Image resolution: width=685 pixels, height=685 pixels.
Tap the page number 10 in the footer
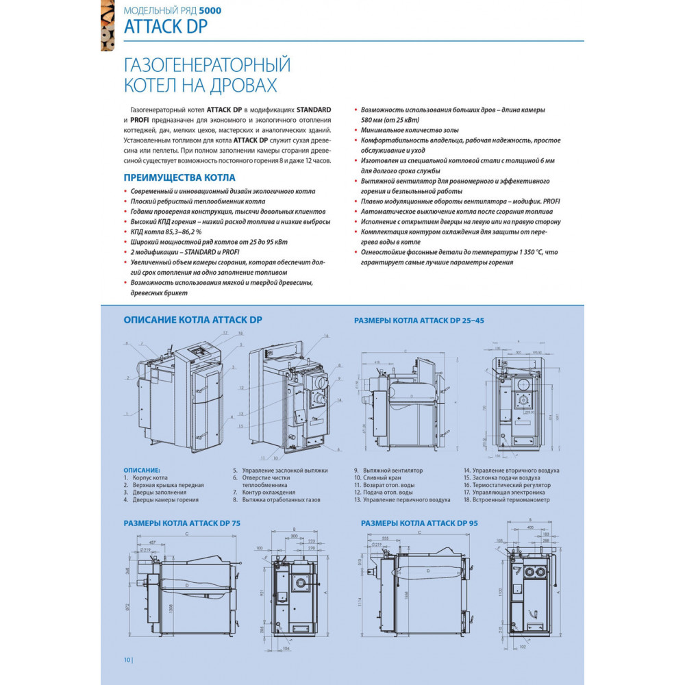(x=127, y=660)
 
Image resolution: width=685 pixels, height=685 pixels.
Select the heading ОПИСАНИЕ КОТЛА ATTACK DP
(x=192, y=319)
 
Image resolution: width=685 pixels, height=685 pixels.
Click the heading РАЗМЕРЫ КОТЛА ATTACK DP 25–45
(x=424, y=320)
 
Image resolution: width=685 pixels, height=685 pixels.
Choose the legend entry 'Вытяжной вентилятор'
(x=393, y=471)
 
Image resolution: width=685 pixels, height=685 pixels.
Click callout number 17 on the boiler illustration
(x=224, y=332)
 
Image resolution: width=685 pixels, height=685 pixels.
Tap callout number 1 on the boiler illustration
(x=127, y=414)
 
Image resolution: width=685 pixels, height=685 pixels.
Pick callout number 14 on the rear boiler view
(x=339, y=399)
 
